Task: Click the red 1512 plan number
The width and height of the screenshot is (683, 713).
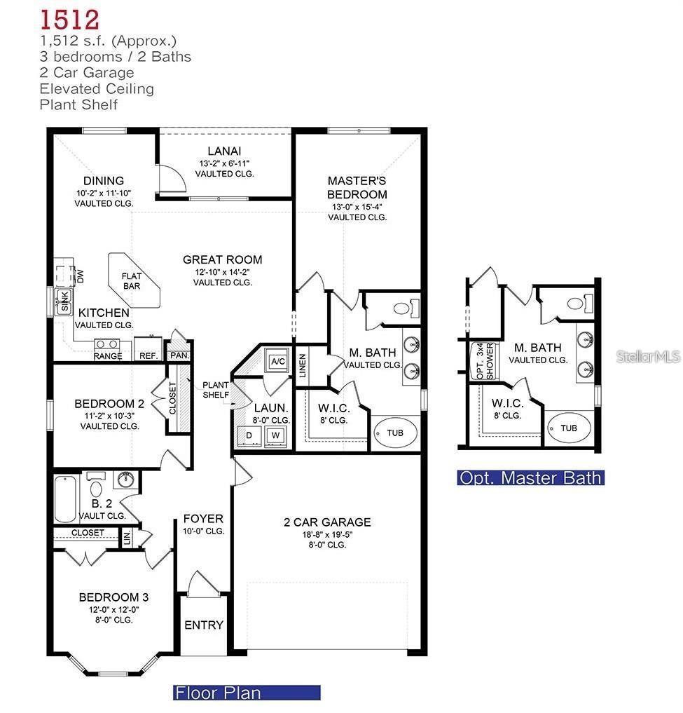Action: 69,20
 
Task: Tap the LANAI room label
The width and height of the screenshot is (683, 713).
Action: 224,151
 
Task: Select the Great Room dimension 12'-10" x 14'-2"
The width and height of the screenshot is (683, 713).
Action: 222,272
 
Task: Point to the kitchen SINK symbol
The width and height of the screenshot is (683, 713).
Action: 64,301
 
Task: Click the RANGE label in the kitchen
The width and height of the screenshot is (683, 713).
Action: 108,355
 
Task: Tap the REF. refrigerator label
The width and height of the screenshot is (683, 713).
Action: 149,355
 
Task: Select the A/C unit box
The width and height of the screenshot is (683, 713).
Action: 277,361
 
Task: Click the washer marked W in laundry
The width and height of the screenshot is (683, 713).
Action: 275,435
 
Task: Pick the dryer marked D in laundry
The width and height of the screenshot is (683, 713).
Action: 249,435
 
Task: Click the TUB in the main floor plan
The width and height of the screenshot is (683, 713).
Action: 395,433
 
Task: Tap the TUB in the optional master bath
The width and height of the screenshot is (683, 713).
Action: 569,428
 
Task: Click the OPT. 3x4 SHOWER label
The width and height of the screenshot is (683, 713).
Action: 485,361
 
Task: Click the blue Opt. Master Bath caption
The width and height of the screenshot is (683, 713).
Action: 531,478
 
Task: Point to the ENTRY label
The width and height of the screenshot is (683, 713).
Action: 204,625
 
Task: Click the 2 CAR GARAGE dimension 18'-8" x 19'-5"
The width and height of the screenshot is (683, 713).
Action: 327,534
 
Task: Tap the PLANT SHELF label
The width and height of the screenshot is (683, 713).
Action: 216,390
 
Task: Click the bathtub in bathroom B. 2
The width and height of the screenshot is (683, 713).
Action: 65,499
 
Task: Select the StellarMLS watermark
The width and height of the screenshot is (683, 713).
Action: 648,356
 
